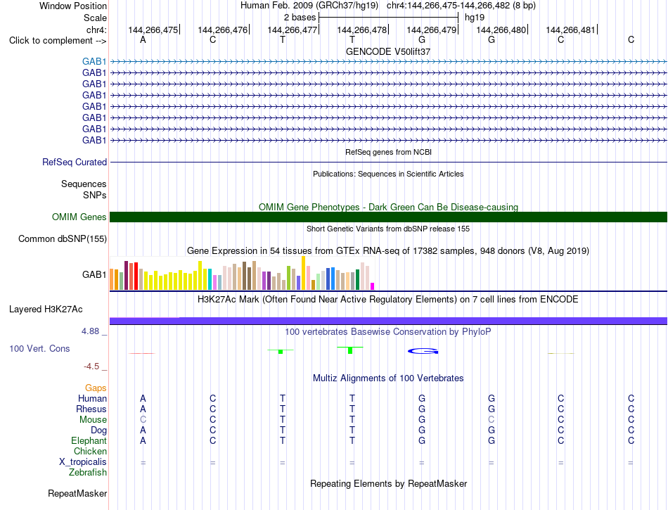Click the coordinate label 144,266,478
pyautogui.click(x=361, y=30)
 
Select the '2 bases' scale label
pyautogui.click(x=300, y=18)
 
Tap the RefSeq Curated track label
pyautogui.click(x=75, y=162)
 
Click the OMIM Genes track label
pyautogui.click(x=79, y=217)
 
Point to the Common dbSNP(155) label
pyautogui.click(x=63, y=238)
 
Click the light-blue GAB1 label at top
pyautogui.click(x=94, y=61)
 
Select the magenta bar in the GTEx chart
pyautogui.click(x=373, y=286)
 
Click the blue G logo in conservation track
pyautogui.click(x=423, y=351)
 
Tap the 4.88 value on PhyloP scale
pyautogui.click(x=90, y=331)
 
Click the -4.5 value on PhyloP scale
pyautogui.click(x=91, y=366)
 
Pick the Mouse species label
pyautogui.click(x=93, y=420)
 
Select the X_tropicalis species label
pyautogui.click(x=83, y=462)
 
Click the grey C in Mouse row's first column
pyautogui.click(x=143, y=420)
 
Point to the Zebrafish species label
pyautogui.click(x=88, y=472)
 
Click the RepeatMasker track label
pyautogui.click(x=77, y=493)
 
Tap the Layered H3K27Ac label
pyautogui.click(x=46, y=310)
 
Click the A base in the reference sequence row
pyautogui.click(x=143, y=39)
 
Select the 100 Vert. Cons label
pyautogui.click(x=39, y=348)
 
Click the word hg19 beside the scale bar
pyautogui.click(x=475, y=18)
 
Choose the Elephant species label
pyautogui.click(x=89, y=440)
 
